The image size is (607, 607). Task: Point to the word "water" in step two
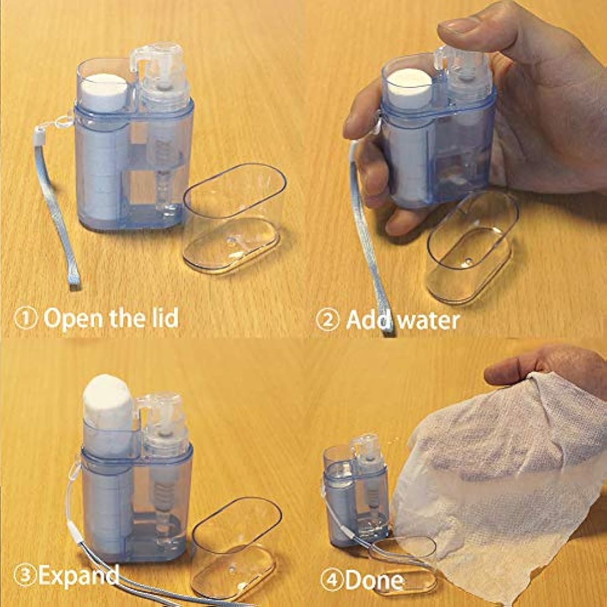428,320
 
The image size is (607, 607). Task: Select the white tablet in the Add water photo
408,86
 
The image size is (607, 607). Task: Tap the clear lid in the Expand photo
235,546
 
